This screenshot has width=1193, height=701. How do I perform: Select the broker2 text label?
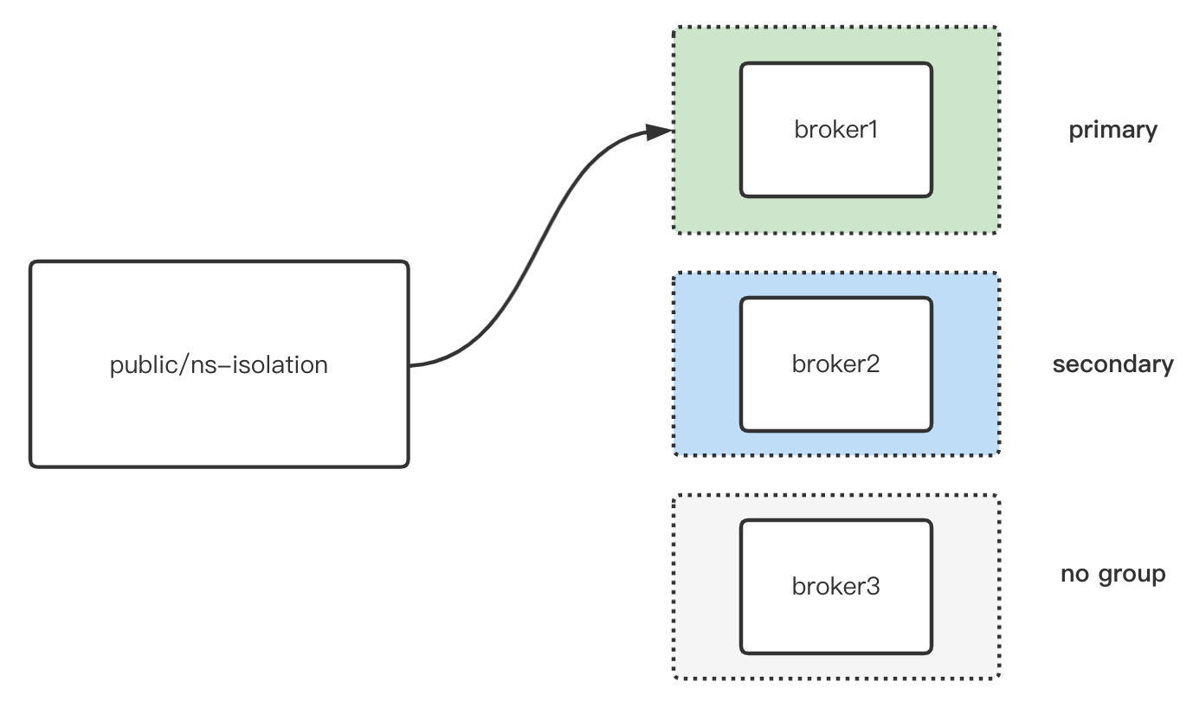coord(835,363)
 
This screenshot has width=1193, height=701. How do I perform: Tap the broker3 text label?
coord(835,586)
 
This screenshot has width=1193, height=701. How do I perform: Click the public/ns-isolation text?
coord(219,364)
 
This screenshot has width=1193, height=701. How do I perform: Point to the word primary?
coord(1112,130)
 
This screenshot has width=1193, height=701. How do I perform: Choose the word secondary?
coord(1112,363)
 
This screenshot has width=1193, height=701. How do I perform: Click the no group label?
coord(1112,574)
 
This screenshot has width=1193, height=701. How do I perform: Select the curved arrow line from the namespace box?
coord(537,251)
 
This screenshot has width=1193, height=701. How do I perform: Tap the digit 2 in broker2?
coord(873,363)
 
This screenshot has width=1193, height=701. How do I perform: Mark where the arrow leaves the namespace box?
coord(410,365)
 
